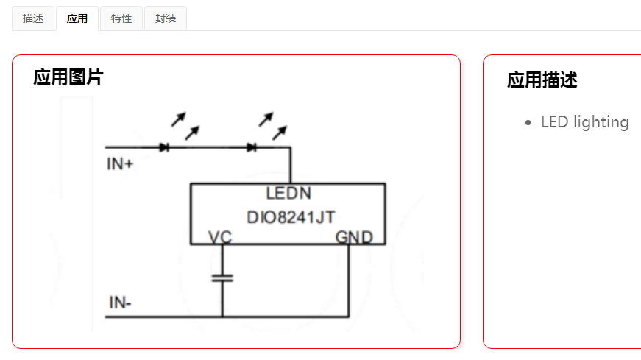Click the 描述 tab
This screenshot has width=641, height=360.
[33, 18]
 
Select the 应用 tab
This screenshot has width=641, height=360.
[77, 18]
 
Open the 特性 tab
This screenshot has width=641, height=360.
[121, 18]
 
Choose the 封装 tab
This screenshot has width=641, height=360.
[166, 18]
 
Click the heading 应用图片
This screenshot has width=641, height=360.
[68, 77]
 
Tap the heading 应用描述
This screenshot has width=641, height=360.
[542, 80]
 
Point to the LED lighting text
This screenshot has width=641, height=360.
[584, 122]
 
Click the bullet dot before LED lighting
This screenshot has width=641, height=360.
[528, 123]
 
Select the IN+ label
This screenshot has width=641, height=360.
[120, 164]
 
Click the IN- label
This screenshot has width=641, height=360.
[120, 303]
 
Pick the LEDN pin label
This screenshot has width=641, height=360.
[288, 194]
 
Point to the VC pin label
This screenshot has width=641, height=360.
[220, 237]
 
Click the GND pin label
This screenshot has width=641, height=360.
[354, 237]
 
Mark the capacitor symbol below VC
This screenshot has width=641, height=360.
[222, 278]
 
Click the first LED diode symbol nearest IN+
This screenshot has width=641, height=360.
[164, 147]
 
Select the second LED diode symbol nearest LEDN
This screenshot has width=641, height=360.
[252, 147]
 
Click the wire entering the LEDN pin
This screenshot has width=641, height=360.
[290, 166]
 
